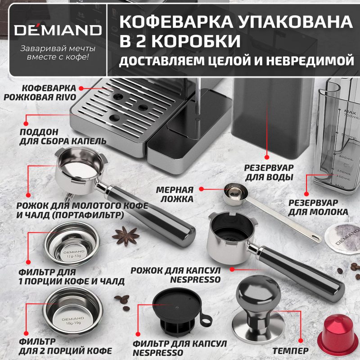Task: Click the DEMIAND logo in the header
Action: pos(58,30)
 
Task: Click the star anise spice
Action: pos(126,236)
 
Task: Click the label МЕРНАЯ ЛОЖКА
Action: pos(175,194)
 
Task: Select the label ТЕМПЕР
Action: pos(290,351)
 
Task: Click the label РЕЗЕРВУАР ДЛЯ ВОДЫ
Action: pos(269,172)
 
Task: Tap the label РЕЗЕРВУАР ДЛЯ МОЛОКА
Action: pos(318,207)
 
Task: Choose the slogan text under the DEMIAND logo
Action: pos(58,53)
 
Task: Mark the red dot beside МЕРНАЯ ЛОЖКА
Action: pos(201,189)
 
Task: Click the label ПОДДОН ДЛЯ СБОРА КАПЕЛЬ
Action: pos(63,137)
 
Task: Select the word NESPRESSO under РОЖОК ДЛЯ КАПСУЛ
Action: pos(195,279)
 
